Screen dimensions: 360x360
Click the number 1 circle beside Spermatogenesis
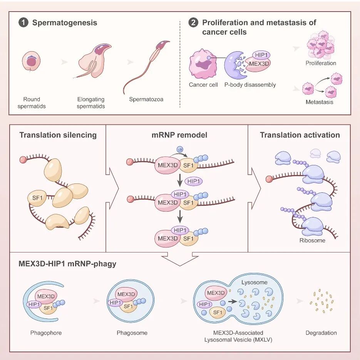tap(23, 23)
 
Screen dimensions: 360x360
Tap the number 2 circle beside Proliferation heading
tap(193, 23)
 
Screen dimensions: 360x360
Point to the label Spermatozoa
tap(146, 99)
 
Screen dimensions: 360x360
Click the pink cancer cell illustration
tap(203, 64)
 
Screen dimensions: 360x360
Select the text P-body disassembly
tap(250, 84)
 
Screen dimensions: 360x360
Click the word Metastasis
tap(319, 102)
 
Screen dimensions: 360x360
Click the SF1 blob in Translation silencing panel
tap(35, 198)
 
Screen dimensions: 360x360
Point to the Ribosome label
tap(312, 240)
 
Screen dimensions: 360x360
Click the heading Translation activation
tap(300, 135)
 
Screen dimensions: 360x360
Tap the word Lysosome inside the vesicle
tap(254, 282)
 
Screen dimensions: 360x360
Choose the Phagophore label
tap(46, 333)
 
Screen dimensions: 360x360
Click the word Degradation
tap(321, 333)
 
